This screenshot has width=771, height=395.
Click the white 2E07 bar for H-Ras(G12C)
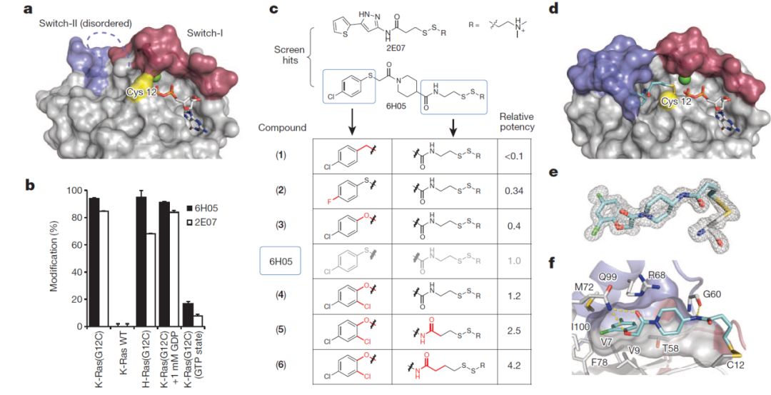[152, 280]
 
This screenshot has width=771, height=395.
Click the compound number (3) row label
[280, 226]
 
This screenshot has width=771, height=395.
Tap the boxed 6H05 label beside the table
[280, 261]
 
